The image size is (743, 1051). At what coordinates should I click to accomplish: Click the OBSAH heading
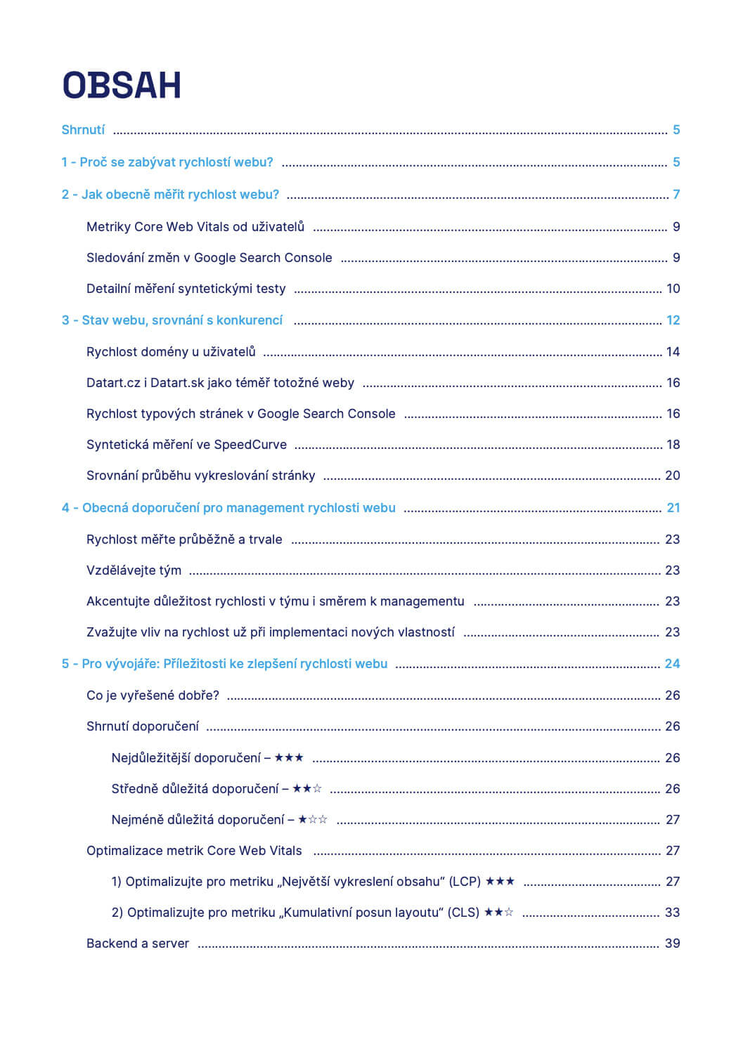pos(122,86)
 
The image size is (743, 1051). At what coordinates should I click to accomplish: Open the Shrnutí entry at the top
pos(83,130)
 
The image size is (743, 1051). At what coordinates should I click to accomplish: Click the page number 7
pos(676,195)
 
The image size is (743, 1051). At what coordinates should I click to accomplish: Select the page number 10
pos(673,289)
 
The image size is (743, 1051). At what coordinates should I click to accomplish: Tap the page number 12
pos(673,320)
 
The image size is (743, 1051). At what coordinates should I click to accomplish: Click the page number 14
pos(673,352)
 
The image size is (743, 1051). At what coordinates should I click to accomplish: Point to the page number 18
pos(673,445)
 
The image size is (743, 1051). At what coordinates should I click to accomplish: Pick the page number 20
pos(673,476)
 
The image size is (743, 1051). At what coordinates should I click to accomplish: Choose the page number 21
pos(673,508)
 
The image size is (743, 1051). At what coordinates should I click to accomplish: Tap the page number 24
pos(673,664)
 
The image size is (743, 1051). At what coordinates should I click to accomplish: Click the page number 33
pos(673,913)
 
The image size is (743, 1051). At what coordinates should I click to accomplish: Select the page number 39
pos(673,944)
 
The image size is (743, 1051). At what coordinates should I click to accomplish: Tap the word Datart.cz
pos(114,383)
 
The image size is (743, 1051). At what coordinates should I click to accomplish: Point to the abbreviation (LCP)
pos(465,882)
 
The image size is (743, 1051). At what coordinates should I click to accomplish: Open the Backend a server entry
pos(138,944)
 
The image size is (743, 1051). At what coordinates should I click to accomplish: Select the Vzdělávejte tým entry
pos(134,570)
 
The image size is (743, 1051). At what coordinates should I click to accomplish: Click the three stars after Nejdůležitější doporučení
pos(289,758)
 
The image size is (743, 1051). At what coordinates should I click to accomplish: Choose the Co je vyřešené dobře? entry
pos(153,696)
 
